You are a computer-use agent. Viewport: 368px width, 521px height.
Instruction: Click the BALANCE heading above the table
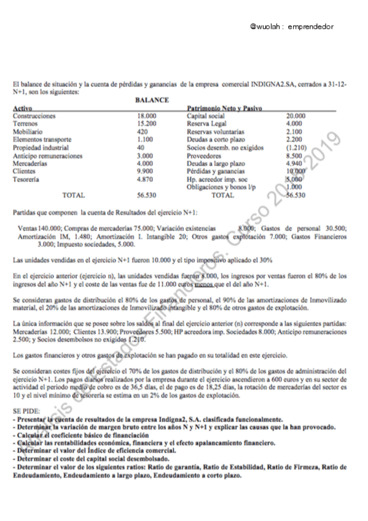[152, 100]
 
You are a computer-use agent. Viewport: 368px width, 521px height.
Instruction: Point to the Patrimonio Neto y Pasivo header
[224, 108]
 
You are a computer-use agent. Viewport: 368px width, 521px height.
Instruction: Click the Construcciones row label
[34, 116]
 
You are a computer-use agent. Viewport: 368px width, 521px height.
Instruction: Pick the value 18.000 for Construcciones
[147, 116]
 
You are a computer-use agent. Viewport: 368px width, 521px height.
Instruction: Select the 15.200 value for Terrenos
[147, 123]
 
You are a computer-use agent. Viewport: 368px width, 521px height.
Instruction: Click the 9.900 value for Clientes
[144, 171]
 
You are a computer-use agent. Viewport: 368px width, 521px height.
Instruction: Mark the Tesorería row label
[27, 179]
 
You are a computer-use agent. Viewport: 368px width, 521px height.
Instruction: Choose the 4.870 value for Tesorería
[144, 179]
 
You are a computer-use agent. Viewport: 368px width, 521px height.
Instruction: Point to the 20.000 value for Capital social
[296, 116]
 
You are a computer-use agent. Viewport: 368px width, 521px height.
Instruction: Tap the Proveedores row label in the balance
[204, 155]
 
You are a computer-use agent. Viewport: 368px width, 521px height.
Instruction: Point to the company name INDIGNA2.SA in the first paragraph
[273, 84]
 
